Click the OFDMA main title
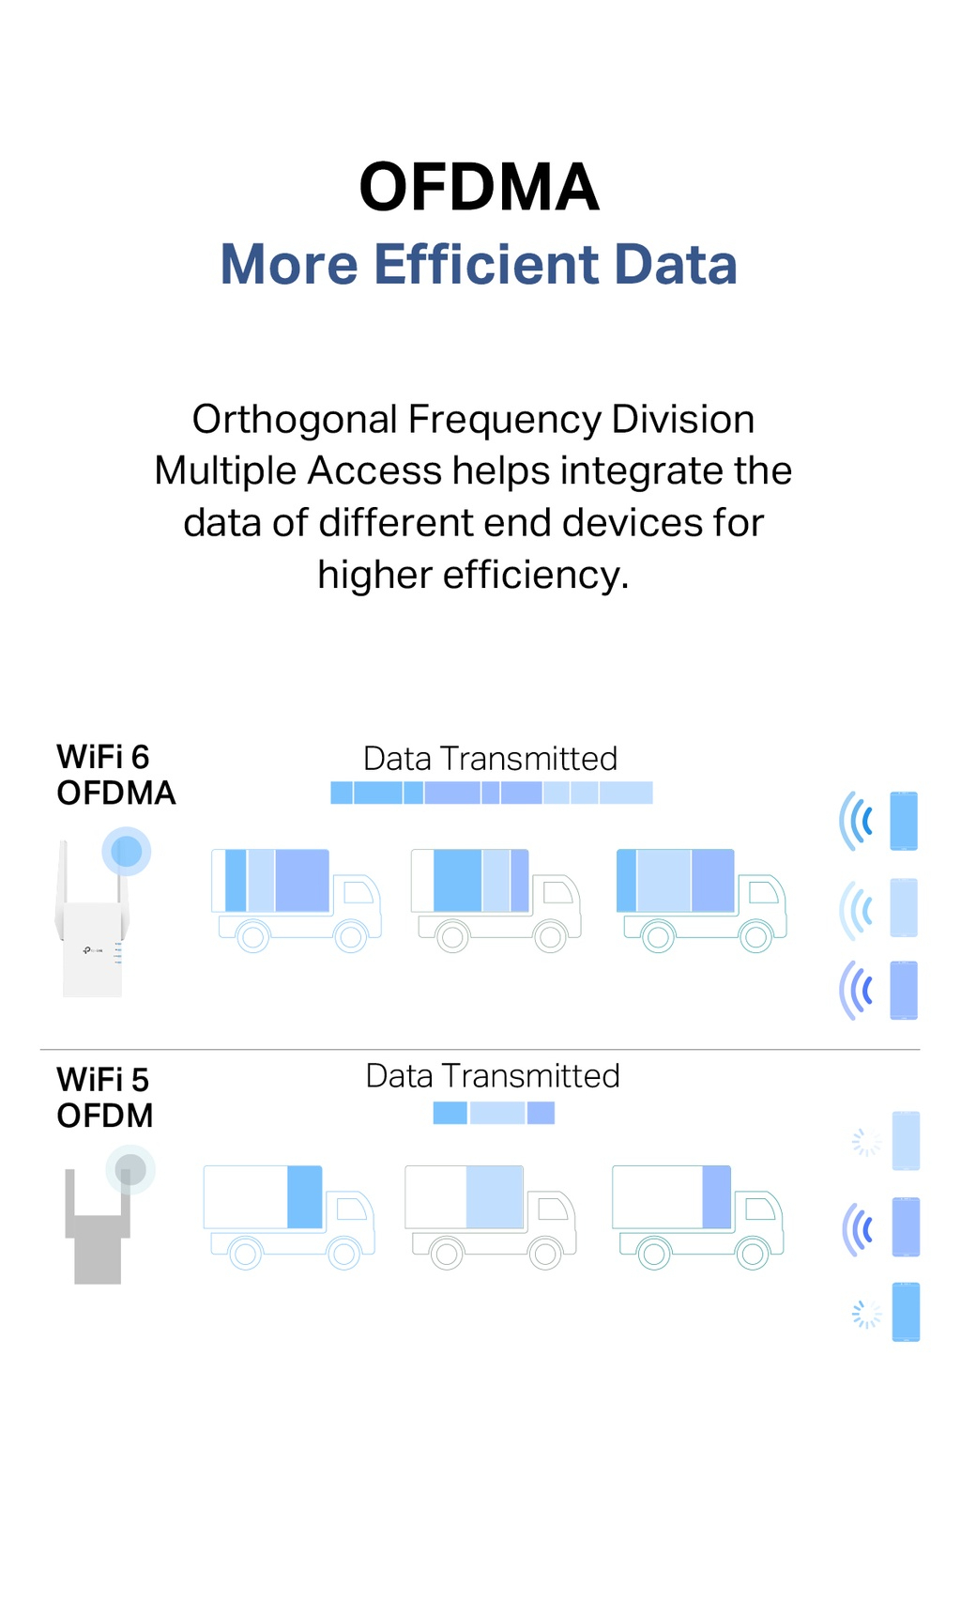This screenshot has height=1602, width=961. click(479, 187)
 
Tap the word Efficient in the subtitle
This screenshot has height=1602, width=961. click(486, 264)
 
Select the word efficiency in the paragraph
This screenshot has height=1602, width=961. click(534, 575)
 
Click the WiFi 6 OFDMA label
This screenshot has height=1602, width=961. click(114, 775)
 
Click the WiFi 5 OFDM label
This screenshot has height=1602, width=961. click(104, 1097)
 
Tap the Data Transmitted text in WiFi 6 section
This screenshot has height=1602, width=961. click(490, 758)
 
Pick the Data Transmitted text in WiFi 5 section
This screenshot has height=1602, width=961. click(492, 1075)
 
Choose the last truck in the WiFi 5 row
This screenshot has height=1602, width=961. click(697, 1216)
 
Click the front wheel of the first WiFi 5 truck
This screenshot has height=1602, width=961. click(343, 1253)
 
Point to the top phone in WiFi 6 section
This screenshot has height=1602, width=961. click(904, 821)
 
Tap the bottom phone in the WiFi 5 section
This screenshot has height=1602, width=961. click(906, 1312)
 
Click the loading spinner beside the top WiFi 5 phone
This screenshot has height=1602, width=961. click(865, 1142)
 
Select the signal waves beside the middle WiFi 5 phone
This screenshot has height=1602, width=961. click(859, 1229)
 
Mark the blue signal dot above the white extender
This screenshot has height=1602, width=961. click(127, 851)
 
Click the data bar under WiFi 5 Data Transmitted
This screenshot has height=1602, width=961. click(494, 1113)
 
